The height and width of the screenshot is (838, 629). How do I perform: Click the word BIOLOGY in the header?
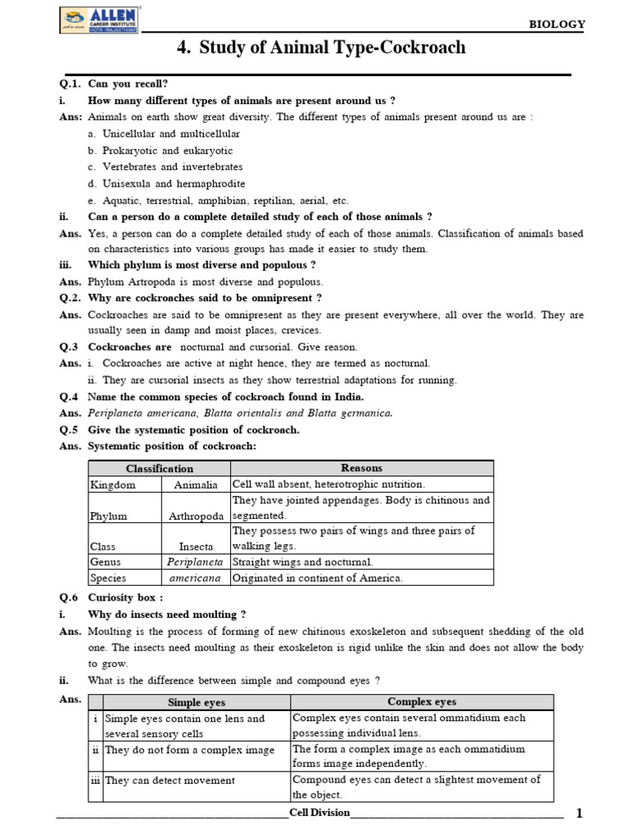[558, 25]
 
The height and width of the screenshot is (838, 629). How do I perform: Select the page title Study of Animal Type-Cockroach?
[321, 47]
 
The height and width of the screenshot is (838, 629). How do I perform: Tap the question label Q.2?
[70, 297]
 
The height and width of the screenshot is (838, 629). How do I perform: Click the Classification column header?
[159, 468]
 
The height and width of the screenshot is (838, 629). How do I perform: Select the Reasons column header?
[361, 468]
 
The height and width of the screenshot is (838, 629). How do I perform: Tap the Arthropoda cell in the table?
[196, 516]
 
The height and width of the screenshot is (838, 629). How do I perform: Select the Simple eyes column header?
[196, 702]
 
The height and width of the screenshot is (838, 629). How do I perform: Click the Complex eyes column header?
[422, 702]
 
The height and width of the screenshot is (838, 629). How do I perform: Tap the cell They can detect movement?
[170, 780]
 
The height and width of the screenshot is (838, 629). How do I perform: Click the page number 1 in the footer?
[579, 813]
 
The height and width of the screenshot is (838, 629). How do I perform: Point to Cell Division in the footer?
[319, 813]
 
